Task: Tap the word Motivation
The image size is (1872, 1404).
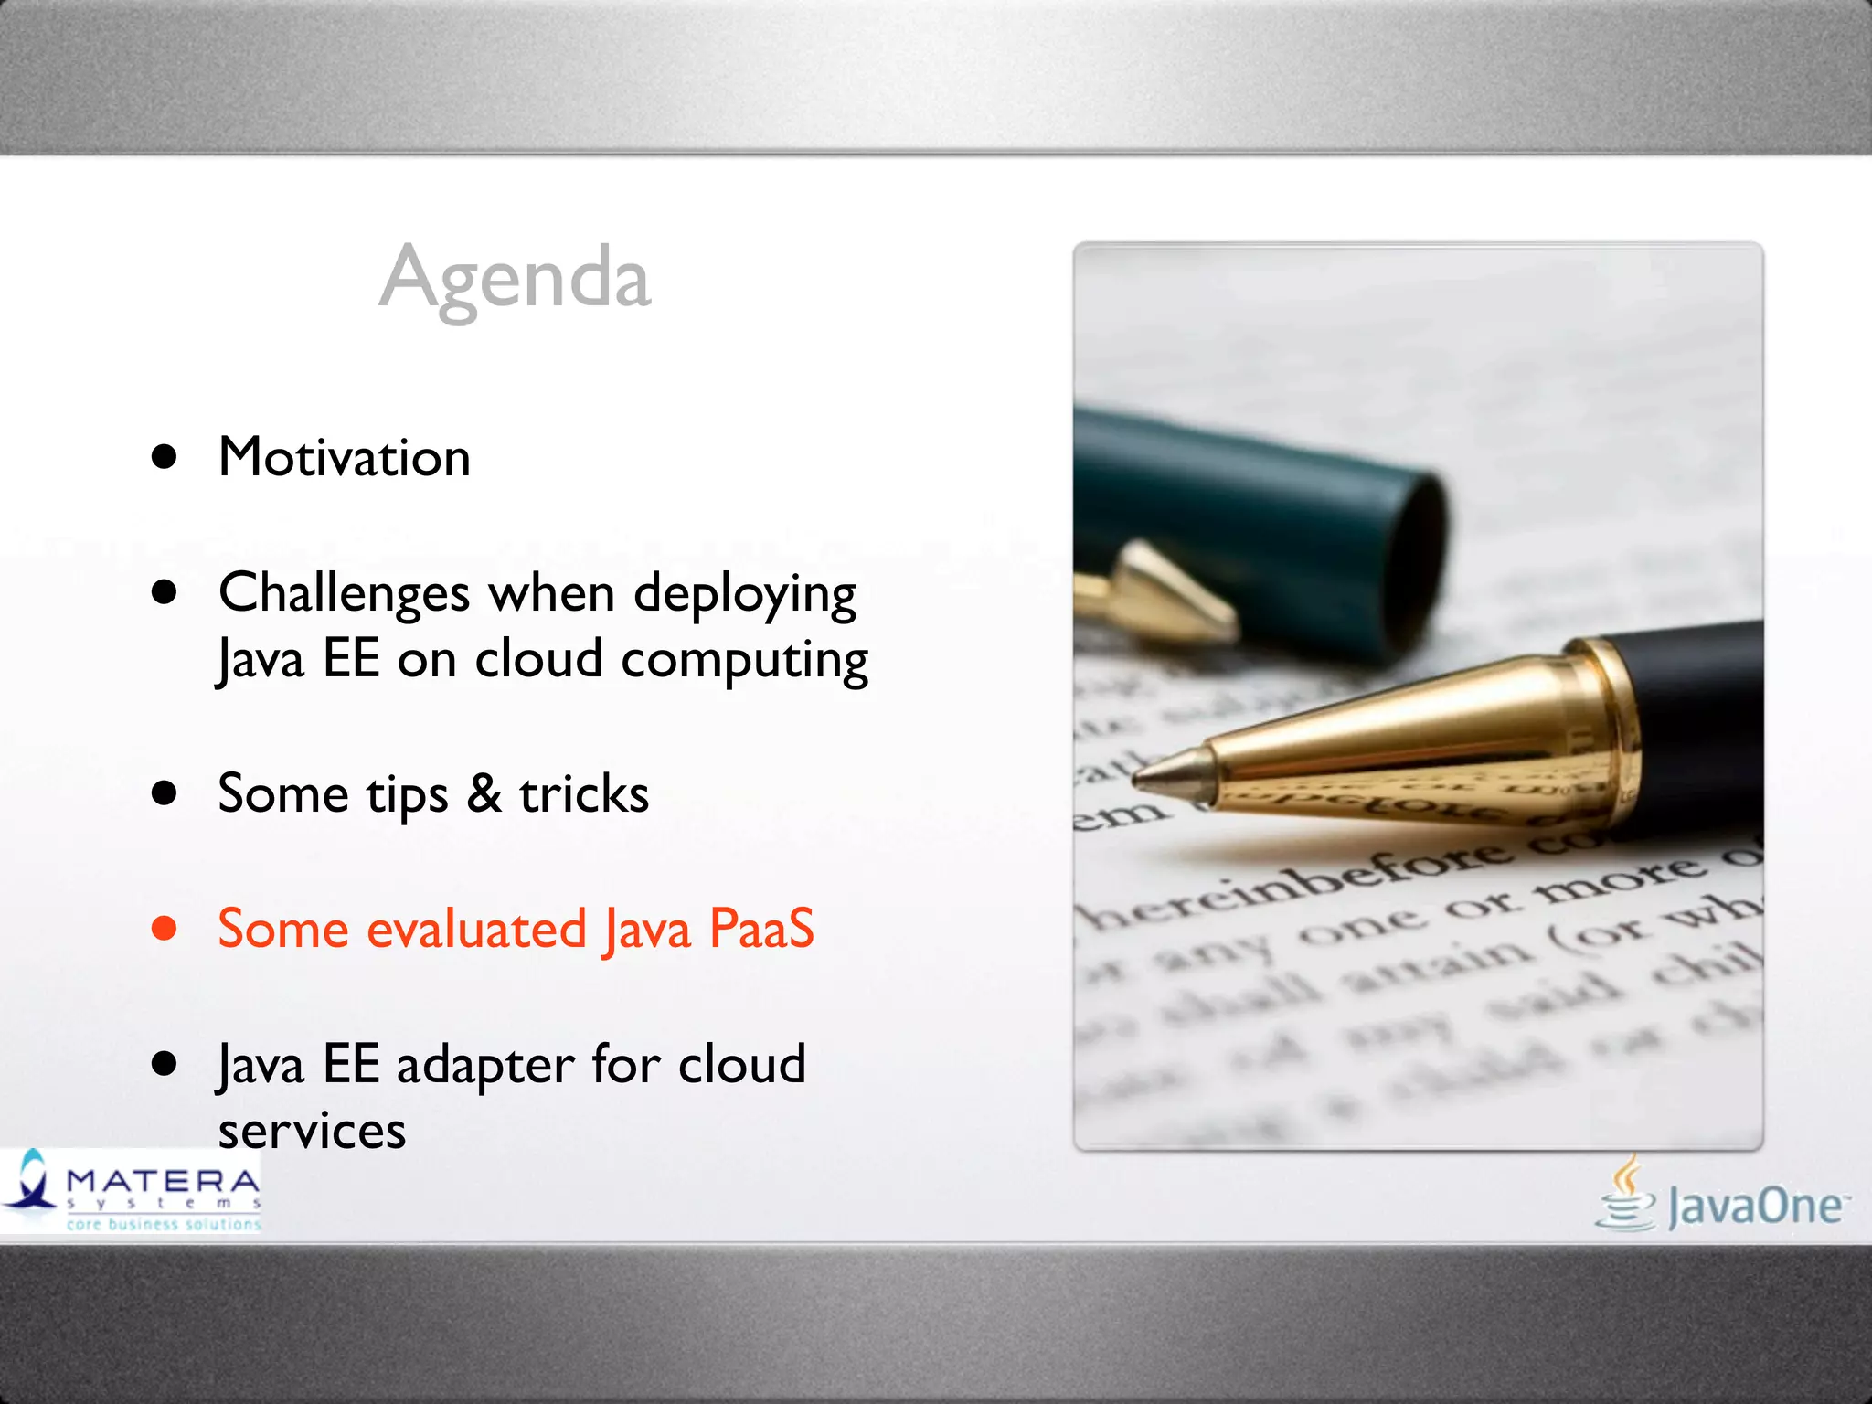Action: [x=345, y=457]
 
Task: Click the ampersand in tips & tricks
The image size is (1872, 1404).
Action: [x=484, y=793]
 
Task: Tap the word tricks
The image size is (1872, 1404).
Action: [x=584, y=793]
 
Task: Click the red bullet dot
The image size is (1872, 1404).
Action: [x=165, y=929]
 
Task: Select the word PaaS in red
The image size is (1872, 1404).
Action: [x=761, y=929]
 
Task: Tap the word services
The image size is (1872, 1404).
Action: [x=312, y=1132]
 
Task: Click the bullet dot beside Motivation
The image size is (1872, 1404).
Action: [x=165, y=457]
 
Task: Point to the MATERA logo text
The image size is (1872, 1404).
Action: [x=163, y=1182]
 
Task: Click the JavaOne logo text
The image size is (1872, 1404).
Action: [x=1755, y=1207]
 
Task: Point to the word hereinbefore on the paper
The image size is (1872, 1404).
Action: [x=1298, y=882]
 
